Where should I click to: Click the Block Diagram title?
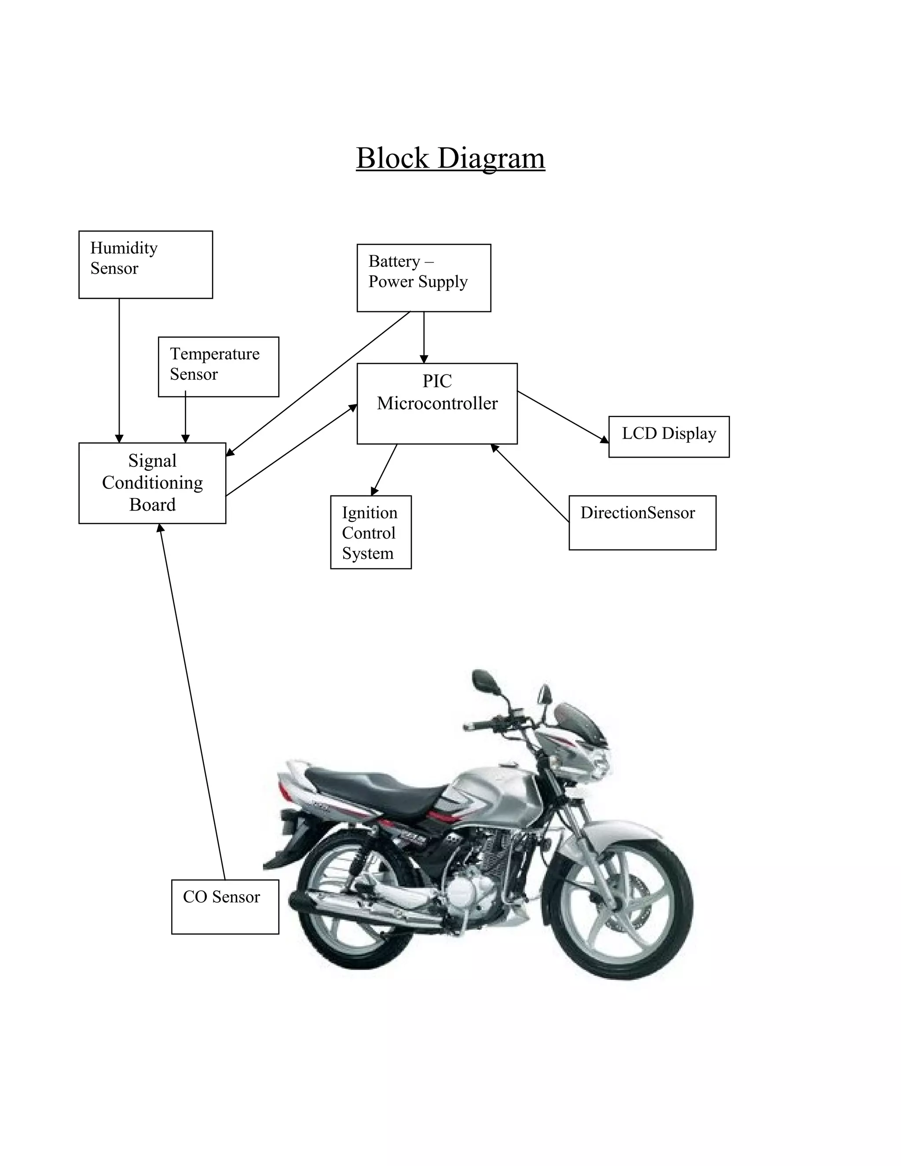pyautogui.click(x=450, y=158)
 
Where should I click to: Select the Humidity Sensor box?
pyautogui.click(x=145, y=264)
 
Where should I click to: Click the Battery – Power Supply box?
pyautogui.click(x=423, y=278)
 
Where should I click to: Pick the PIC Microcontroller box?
pyautogui.click(x=436, y=403)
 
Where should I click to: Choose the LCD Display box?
pyautogui.click(x=668, y=436)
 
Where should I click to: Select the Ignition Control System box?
pyautogui.click(x=370, y=532)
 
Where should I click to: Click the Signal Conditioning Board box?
pyautogui.click(x=152, y=483)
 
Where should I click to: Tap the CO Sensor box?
pyautogui.click(x=225, y=906)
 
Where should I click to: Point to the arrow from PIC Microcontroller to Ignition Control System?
pyautogui.click(x=385, y=469)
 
